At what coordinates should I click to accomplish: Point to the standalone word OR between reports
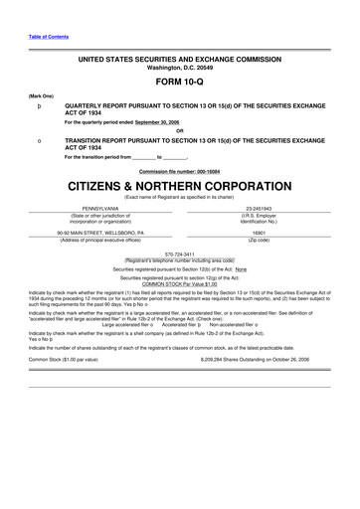click(179, 130)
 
